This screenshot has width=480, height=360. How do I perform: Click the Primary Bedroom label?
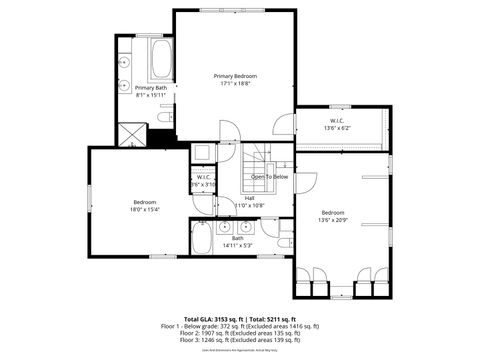[x=235, y=77]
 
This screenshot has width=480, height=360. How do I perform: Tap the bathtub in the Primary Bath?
[x=160, y=60]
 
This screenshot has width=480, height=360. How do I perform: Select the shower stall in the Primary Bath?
[x=129, y=133]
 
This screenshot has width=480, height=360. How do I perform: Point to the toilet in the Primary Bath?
[x=163, y=118]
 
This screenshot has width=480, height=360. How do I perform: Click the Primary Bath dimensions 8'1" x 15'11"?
[x=152, y=96]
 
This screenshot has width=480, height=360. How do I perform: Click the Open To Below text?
[x=269, y=176]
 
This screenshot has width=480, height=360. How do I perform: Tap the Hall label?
[x=248, y=198]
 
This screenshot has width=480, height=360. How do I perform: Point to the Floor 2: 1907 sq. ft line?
[x=240, y=333]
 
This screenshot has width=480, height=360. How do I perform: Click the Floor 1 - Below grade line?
[x=240, y=325]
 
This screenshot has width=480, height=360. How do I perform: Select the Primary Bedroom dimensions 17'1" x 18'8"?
[x=235, y=85]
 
